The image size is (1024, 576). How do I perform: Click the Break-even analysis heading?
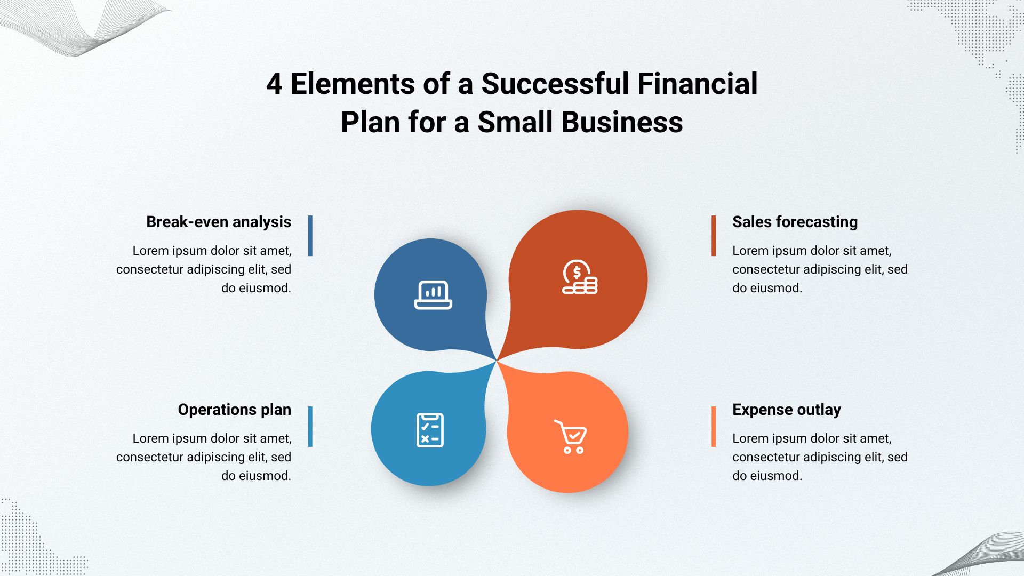[219, 222]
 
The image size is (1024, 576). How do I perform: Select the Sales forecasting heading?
[795, 222]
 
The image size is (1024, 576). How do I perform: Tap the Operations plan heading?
[235, 410]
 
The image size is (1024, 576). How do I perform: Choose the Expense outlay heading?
[787, 410]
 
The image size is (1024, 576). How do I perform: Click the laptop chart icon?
[433, 295]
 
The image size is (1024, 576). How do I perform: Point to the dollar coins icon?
[580, 277]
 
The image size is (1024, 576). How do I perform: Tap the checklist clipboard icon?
[430, 430]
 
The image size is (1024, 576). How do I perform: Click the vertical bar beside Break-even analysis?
[310, 236]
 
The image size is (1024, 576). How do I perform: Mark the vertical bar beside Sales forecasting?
[714, 236]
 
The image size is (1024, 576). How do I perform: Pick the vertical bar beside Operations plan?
[310, 427]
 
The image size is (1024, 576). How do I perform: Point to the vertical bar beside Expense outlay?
[714, 427]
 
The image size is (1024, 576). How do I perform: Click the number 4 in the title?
[274, 84]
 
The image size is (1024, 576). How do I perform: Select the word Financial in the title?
[698, 84]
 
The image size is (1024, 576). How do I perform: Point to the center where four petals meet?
[497, 361]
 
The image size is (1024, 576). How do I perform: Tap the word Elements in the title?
[353, 84]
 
